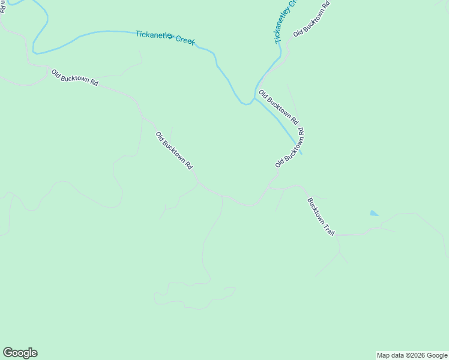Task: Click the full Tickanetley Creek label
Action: point(165,38)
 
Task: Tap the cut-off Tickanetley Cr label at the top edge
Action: point(286,21)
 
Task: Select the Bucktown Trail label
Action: point(321,216)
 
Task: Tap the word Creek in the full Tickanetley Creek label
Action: point(185,41)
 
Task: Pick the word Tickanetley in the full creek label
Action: point(154,35)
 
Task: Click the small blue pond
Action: point(375,213)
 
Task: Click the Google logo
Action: point(20,353)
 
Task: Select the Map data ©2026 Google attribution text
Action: point(412,355)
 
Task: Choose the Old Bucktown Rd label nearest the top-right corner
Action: point(311,19)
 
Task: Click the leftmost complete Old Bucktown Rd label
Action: point(74,77)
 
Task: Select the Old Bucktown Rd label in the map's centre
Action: point(174,150)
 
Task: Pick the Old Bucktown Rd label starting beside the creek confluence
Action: point(278,107)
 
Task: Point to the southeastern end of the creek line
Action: point(300,153)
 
